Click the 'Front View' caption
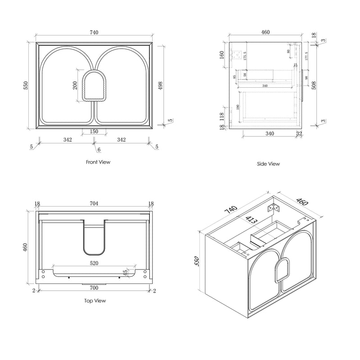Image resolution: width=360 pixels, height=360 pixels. tap(98, 162)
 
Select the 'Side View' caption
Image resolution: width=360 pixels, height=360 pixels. tap(268, 164)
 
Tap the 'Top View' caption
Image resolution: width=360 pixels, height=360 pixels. tap(96, 301)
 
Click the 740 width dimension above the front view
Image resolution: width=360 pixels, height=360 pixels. tap(94, 32)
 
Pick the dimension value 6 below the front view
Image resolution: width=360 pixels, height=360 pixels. tap(99, 150)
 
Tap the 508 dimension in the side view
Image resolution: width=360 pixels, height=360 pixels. tap(315, 86)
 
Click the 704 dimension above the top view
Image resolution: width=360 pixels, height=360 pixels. tap(94, 203)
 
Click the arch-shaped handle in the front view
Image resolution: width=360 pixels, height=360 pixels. tap(94, 85)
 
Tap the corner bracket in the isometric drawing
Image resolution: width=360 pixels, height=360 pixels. tap(273, 207)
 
